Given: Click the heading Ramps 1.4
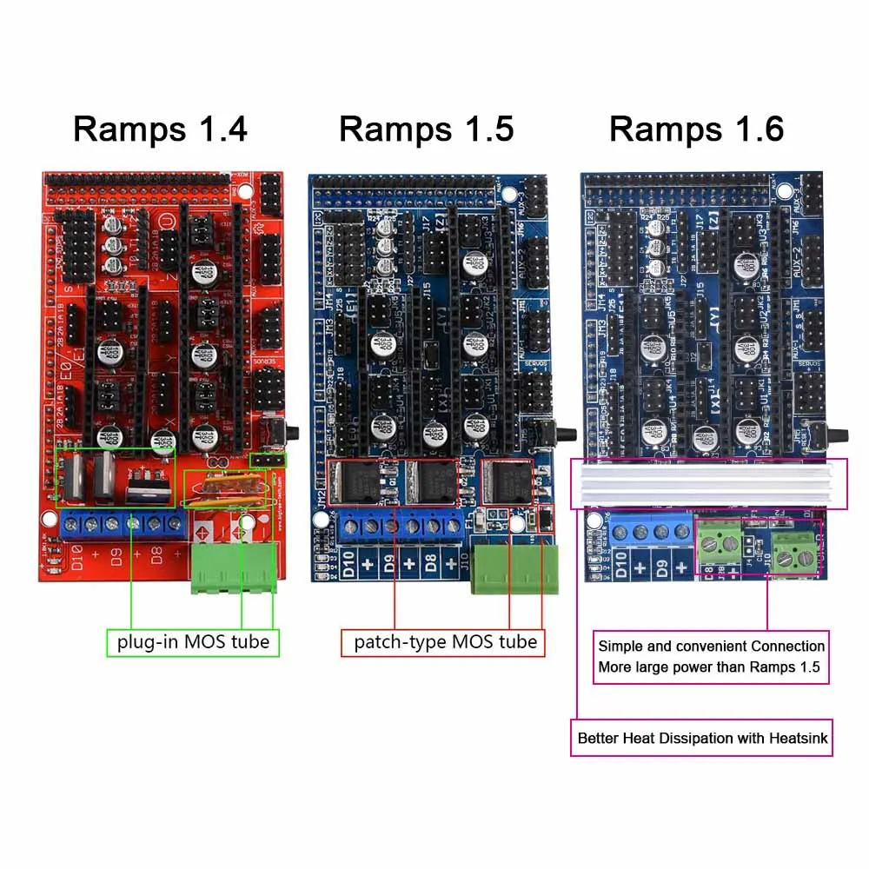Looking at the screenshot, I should (x=160, y=129).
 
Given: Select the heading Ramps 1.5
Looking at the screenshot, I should (x=426, y=129).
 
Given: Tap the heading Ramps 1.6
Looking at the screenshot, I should (x=696, y=129).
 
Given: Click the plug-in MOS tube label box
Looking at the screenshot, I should (x=193, y=643).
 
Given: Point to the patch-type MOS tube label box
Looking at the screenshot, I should (x=444, y=643).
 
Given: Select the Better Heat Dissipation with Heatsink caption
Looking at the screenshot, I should (x=702, y=739).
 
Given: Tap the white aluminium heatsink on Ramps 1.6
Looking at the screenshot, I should (x=708, y=484).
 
